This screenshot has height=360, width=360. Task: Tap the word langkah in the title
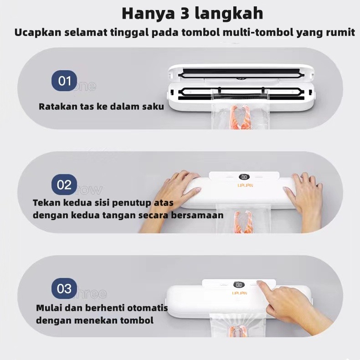pos(229,14)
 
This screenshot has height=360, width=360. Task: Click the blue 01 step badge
pos(64,81)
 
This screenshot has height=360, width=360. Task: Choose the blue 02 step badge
pos(64,185)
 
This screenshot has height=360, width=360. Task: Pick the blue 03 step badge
pos(64,288)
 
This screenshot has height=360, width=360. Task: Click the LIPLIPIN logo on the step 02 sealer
pos(245,185)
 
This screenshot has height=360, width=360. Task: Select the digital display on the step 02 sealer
pos(244,177)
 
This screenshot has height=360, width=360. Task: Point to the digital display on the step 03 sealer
pos(239,285)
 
